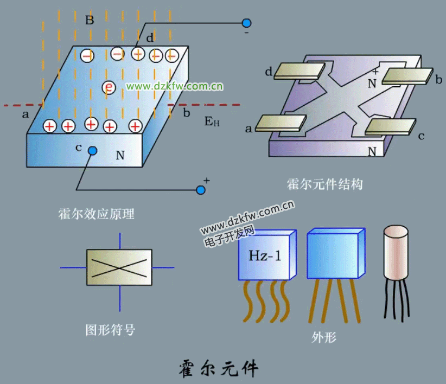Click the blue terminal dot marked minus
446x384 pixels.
(246, 23)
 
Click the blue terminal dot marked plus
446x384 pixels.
(201, 190)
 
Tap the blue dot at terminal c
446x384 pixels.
(93, 151)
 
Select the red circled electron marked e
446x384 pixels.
(110, 87)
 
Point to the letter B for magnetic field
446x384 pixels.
(90, 21)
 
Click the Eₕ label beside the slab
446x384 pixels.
(212, 121)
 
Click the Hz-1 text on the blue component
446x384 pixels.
(265, 255)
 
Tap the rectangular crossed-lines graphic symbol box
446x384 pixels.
(119, 267)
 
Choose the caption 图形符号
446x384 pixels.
(110, 330)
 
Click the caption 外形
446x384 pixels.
(324, 337)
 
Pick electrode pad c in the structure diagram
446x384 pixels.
(390, 126)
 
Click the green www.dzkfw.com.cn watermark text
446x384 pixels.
(175, 86)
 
